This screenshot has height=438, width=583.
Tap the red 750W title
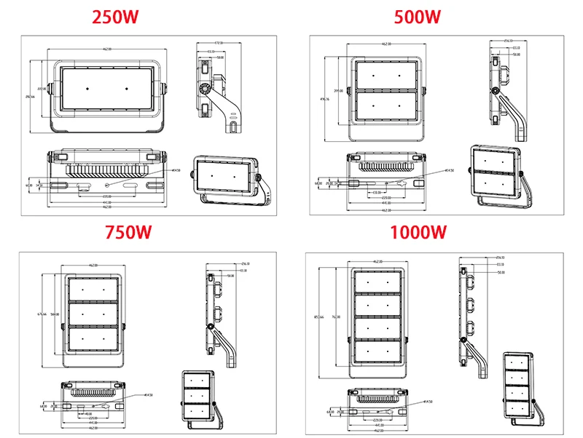tap(128, 233)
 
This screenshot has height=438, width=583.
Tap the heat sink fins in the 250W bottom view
tap(106, 170)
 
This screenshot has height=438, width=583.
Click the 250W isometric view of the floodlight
tap(227, 176)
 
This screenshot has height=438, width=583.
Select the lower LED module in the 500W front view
tap(387, 106)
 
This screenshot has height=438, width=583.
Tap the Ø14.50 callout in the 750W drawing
tap(148, 395)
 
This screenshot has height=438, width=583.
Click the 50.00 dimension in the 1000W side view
tap(501, 273)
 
